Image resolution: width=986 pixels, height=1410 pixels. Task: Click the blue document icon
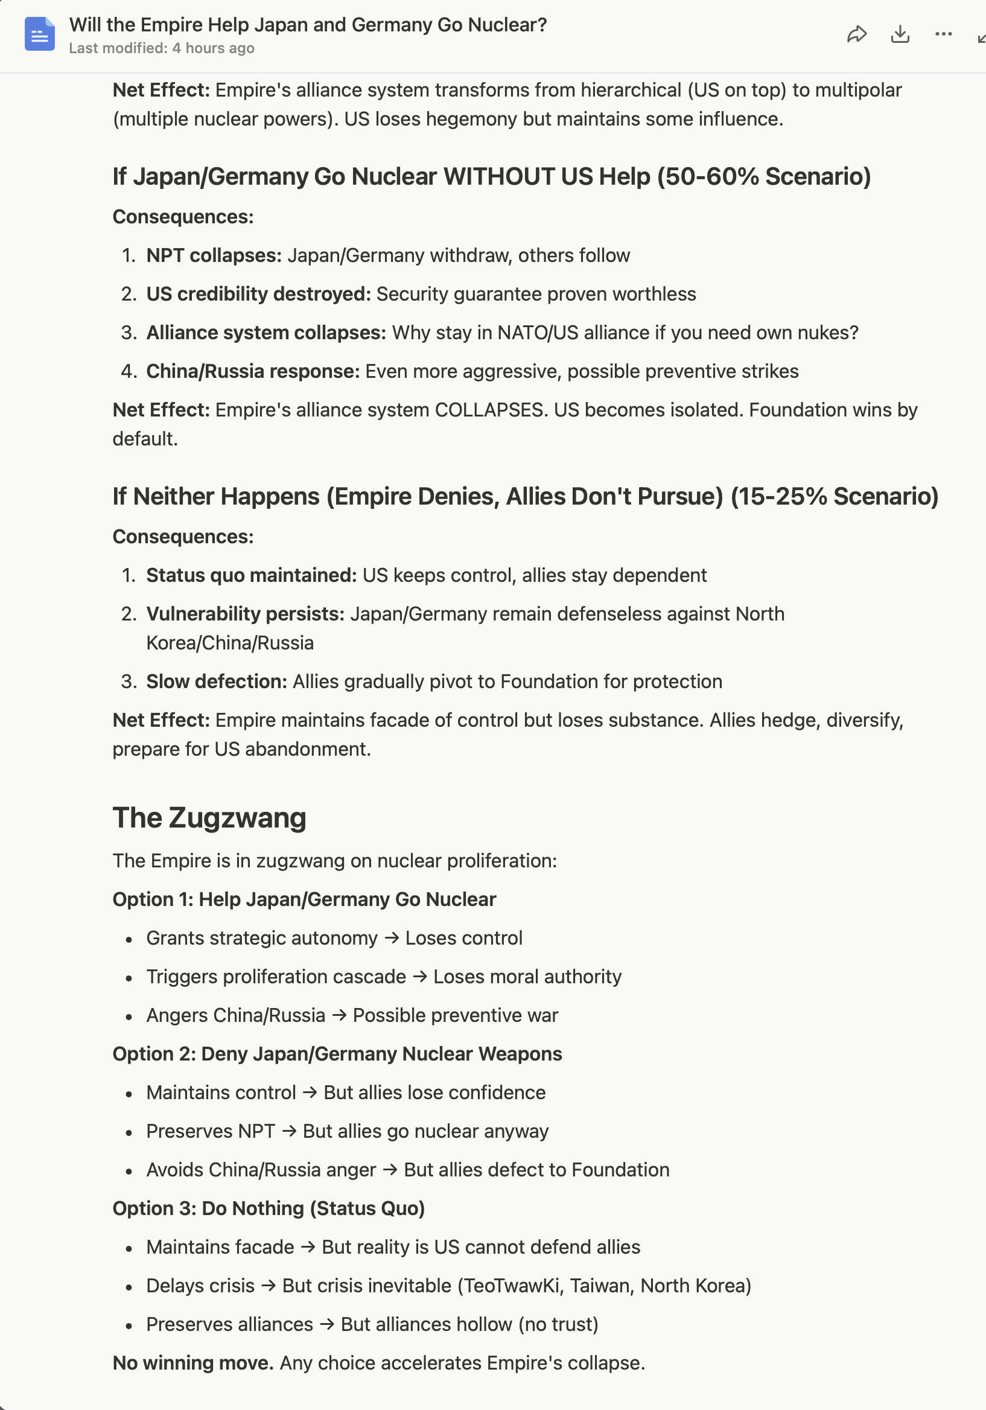[40, 34]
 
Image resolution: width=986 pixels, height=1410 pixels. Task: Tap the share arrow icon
[856, 34]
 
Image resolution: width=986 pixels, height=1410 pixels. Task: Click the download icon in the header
[900, 34]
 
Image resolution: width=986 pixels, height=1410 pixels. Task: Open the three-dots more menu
[943, 34]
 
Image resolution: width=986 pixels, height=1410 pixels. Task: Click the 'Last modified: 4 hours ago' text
[162, 48]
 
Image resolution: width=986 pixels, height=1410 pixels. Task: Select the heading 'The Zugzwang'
[209, 818]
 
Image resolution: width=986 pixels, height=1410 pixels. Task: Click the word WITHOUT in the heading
[498, 177]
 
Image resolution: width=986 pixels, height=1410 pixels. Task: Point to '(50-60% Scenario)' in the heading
[764, 177]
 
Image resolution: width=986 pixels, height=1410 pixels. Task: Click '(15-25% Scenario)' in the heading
[835, 497]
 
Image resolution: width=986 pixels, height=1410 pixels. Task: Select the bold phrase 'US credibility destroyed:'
[258, 294]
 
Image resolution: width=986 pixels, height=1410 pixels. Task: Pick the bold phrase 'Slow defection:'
[217, 681]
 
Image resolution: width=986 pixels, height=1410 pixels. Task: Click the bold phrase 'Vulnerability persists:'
[246, 614]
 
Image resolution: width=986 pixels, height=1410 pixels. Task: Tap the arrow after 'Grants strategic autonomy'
[392, 939]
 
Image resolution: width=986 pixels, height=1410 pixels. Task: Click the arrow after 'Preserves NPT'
[289, 1131]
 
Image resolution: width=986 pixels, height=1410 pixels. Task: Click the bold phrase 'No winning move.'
[192, 1364]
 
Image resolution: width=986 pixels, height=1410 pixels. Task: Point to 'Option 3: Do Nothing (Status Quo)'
[269, 1208]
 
